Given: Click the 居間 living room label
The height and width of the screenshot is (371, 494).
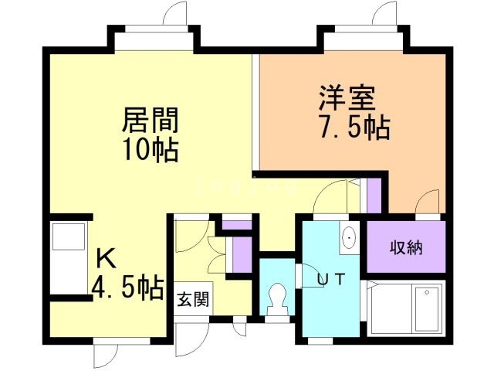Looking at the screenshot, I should click(x=151, y=121).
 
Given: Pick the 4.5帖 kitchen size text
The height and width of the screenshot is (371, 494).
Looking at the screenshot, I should click(x=127, y=288).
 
